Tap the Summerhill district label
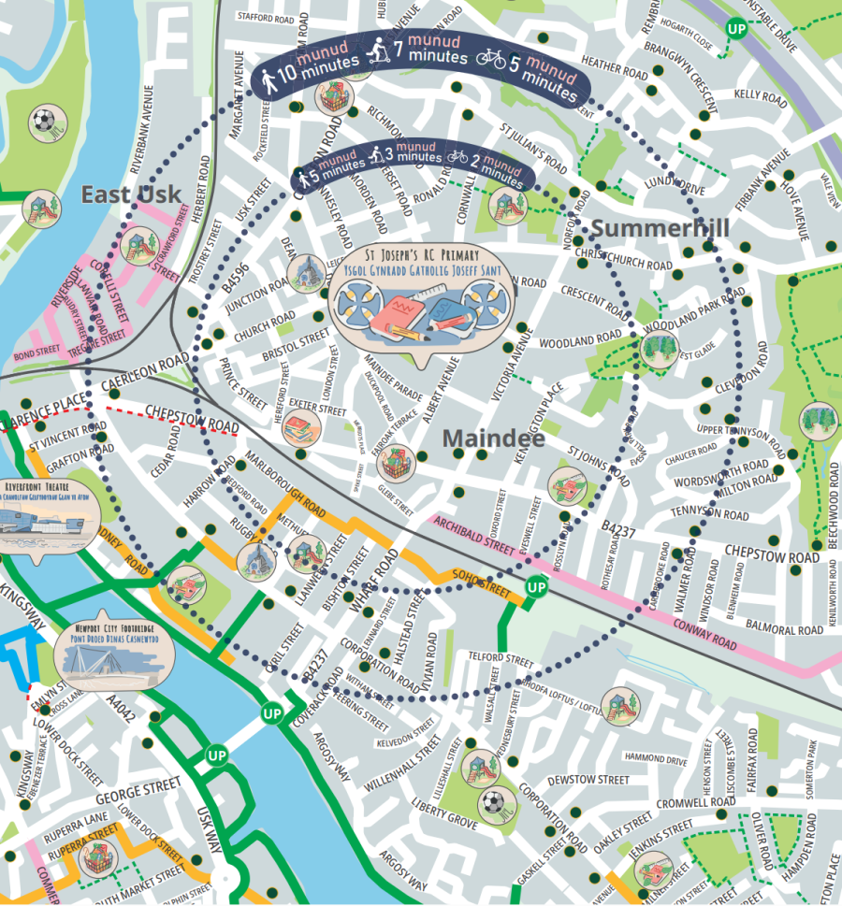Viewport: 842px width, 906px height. click(660, 228)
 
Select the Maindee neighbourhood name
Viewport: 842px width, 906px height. click(493, 438)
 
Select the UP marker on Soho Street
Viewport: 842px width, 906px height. click(536, 587)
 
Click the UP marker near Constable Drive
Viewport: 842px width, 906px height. click(737, 29)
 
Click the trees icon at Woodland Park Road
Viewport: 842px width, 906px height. click(659, 347)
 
